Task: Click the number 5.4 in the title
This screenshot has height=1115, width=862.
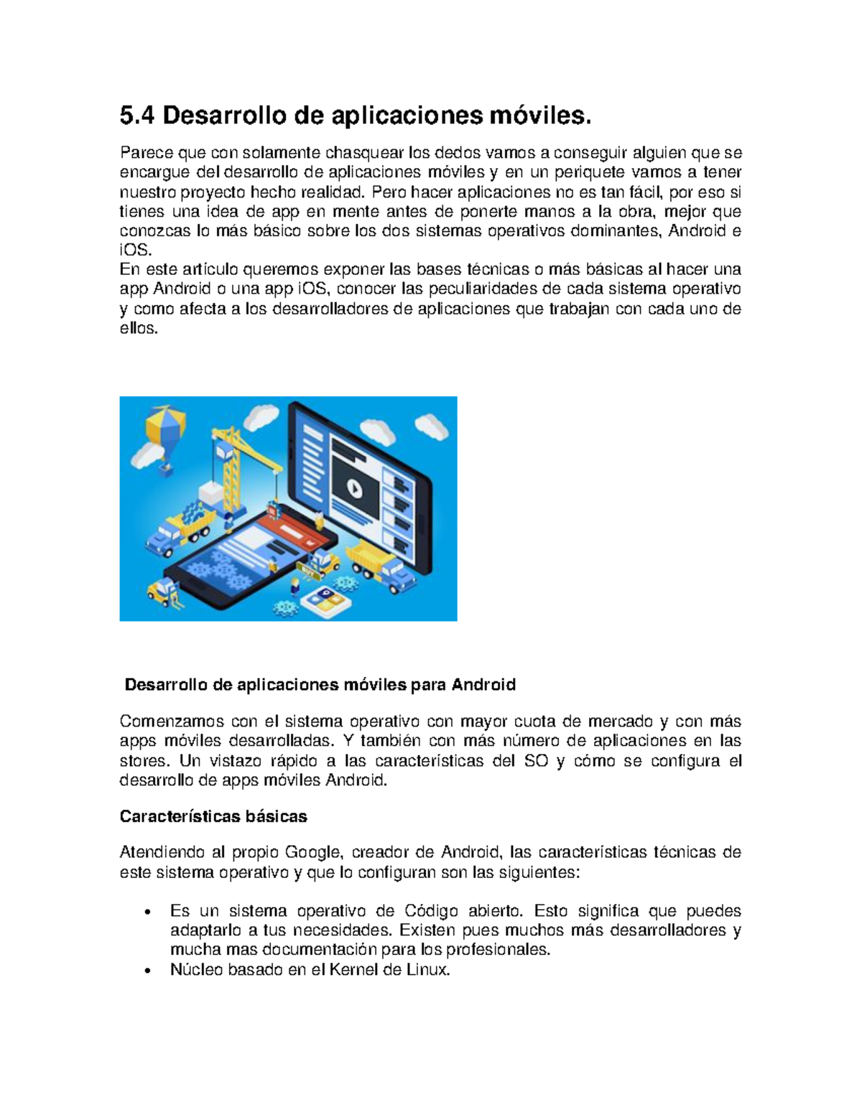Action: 137,115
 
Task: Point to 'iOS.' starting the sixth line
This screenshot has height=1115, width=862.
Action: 136,251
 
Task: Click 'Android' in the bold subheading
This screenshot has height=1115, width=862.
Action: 483,684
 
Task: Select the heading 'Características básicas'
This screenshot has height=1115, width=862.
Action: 213,816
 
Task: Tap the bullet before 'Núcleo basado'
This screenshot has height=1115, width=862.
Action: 147,971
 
